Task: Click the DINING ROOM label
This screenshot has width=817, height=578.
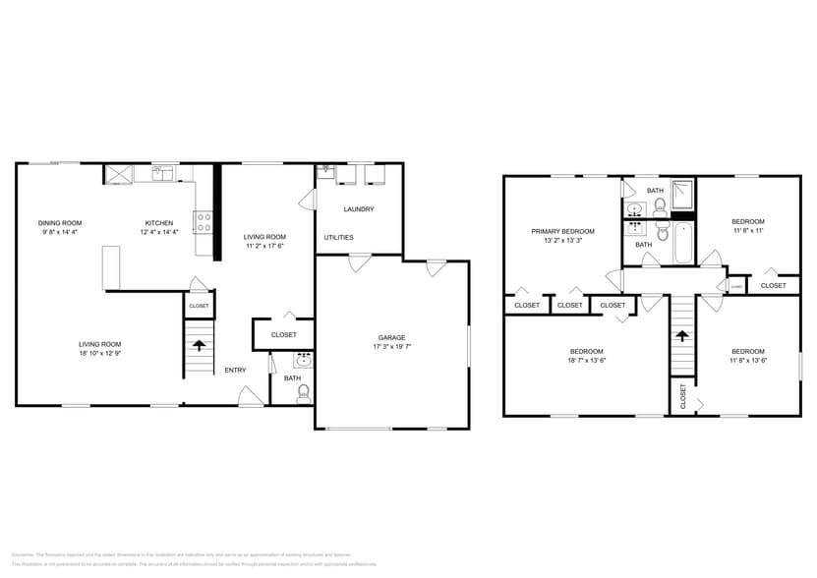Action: click(x=60, y=223)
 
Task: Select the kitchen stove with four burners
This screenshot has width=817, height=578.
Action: click(x=204, y=222)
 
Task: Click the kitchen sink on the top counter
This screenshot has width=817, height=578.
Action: click(x=162, y=175)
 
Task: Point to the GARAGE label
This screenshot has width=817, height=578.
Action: click(x=391, y=337)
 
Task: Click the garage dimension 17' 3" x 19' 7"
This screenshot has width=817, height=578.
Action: click(x=391, y=347)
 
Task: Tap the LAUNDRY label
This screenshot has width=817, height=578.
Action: click(x=358, y=209)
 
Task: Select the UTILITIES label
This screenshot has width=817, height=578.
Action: click(x=338, y=237)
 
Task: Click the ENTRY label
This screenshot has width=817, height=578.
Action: click(x=235, y=370)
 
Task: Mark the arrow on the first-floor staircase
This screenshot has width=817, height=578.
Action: click(x=200, y=345)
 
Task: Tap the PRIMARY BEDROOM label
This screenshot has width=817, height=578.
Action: click(x=562, y=231)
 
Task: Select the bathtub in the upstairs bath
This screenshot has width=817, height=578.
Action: click(x=683, y=243)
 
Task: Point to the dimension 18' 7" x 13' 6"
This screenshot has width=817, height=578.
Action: click(x=586, y=361)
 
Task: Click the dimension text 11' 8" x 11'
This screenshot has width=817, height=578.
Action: click(x=747, y=231)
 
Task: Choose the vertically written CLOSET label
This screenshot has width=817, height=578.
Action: click(x=683, y=396)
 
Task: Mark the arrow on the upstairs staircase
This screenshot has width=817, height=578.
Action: click(x=682, y=336)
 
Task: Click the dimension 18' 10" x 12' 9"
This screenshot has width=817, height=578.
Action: click(x=99, y=353)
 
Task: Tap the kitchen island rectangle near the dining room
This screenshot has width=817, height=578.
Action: click(x=110, y=267)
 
